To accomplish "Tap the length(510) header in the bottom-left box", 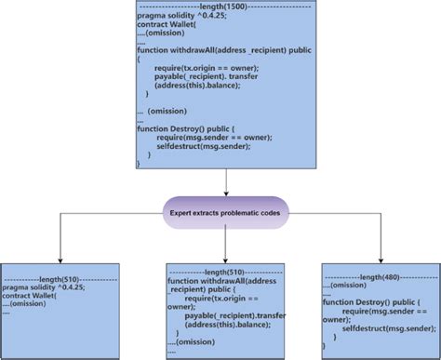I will (x=60, y=278).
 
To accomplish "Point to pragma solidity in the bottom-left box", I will (x=47, y=287).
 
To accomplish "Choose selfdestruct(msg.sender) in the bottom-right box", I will (x=388, y=328).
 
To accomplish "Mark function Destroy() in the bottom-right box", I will (x=371, y=302).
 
